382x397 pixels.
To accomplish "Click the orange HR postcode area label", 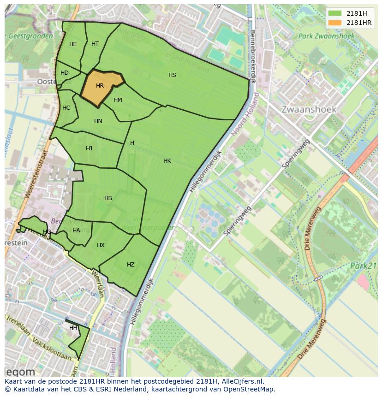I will (100, 86).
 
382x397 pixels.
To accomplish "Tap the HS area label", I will (172, 75).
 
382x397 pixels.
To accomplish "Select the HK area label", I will (167, 161).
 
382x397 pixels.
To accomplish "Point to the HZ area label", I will (131, 265).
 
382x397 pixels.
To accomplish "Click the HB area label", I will (108, 198).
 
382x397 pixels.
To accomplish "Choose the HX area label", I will (101, 245).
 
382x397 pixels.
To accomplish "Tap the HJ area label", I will (89, 148).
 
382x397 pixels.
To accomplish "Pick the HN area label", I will (98, 121).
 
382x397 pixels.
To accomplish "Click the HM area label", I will (118, 100).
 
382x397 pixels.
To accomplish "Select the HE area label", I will (73, 44).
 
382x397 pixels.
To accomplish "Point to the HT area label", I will (95, 44).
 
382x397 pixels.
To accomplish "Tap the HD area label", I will (65, 73).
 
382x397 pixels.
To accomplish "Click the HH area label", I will (73, 328).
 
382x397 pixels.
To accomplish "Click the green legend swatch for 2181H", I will (335, 13).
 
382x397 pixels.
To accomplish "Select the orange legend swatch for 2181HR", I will (335, 23).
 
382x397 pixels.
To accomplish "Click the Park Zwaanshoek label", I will (326, 36).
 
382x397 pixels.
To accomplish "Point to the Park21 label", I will (364, 266).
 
